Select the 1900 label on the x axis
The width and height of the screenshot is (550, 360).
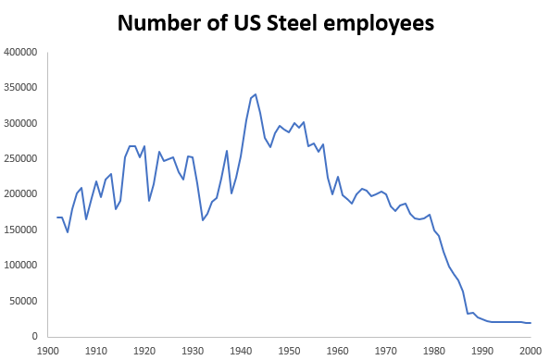point(48,351)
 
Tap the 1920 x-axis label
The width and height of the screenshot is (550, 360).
point(144,351)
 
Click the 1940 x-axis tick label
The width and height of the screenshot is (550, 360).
point(241,351)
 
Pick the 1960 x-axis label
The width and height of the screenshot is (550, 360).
point(337,351)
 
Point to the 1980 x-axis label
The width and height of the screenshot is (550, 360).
point(433,351)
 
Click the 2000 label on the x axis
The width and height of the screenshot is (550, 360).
point(530,351)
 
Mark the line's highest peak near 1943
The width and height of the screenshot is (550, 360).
point(256,93)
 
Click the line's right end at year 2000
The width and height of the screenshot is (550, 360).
point(530,323)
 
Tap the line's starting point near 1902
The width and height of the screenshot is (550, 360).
point(57,217)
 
